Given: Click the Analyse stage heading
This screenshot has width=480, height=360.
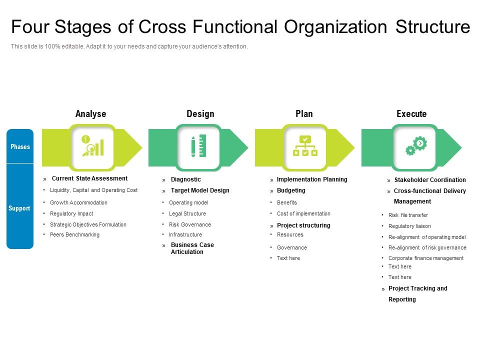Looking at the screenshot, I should (x=90, y=114).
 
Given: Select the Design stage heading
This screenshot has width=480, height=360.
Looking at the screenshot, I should (x=200, y=114).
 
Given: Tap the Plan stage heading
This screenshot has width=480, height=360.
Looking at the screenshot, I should (x=304, y=114).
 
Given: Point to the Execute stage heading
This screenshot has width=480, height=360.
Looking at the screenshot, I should (x=411, y=114).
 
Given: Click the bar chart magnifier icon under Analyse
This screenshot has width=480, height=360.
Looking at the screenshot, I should (x=92, y=145).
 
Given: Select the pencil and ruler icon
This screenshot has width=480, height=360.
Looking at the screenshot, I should (x=198, y=146).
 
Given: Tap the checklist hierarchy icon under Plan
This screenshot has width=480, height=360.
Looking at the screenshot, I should (x=305, y=146).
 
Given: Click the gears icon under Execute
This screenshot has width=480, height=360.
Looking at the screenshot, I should (x=415, y=145).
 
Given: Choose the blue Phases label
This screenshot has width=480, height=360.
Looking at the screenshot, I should (x=20, y=146).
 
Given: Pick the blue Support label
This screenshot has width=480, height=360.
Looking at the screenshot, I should (x=20, y=208).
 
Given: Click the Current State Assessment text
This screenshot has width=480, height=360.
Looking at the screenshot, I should (x=89, y=178).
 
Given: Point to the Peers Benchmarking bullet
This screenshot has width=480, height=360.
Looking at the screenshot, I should (x=74, y=235).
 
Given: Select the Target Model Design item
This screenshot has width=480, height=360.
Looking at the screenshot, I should (x=200, y=190).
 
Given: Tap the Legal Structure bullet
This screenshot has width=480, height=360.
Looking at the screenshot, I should (x=187, y=214).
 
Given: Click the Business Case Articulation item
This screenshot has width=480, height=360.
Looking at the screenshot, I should (x=192, y=248).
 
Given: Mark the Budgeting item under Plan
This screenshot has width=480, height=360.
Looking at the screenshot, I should (x=291, y=190).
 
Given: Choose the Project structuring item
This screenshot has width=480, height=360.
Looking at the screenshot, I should (x=303, y=225).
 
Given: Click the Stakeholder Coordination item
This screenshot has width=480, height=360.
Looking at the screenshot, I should (x=430, y=180).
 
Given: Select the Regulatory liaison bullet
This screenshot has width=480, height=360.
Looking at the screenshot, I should (x=409, y=226).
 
